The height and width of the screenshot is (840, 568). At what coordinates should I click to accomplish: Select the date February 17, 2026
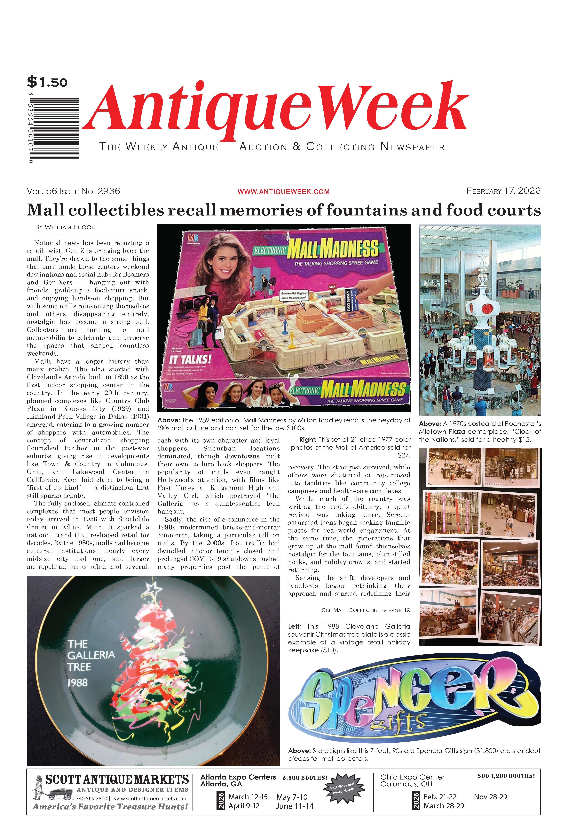pos(503,191)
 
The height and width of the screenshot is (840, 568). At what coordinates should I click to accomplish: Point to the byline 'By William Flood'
pos(65,227)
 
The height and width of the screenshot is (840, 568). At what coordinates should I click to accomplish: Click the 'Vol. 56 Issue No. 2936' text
pos(73,191)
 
